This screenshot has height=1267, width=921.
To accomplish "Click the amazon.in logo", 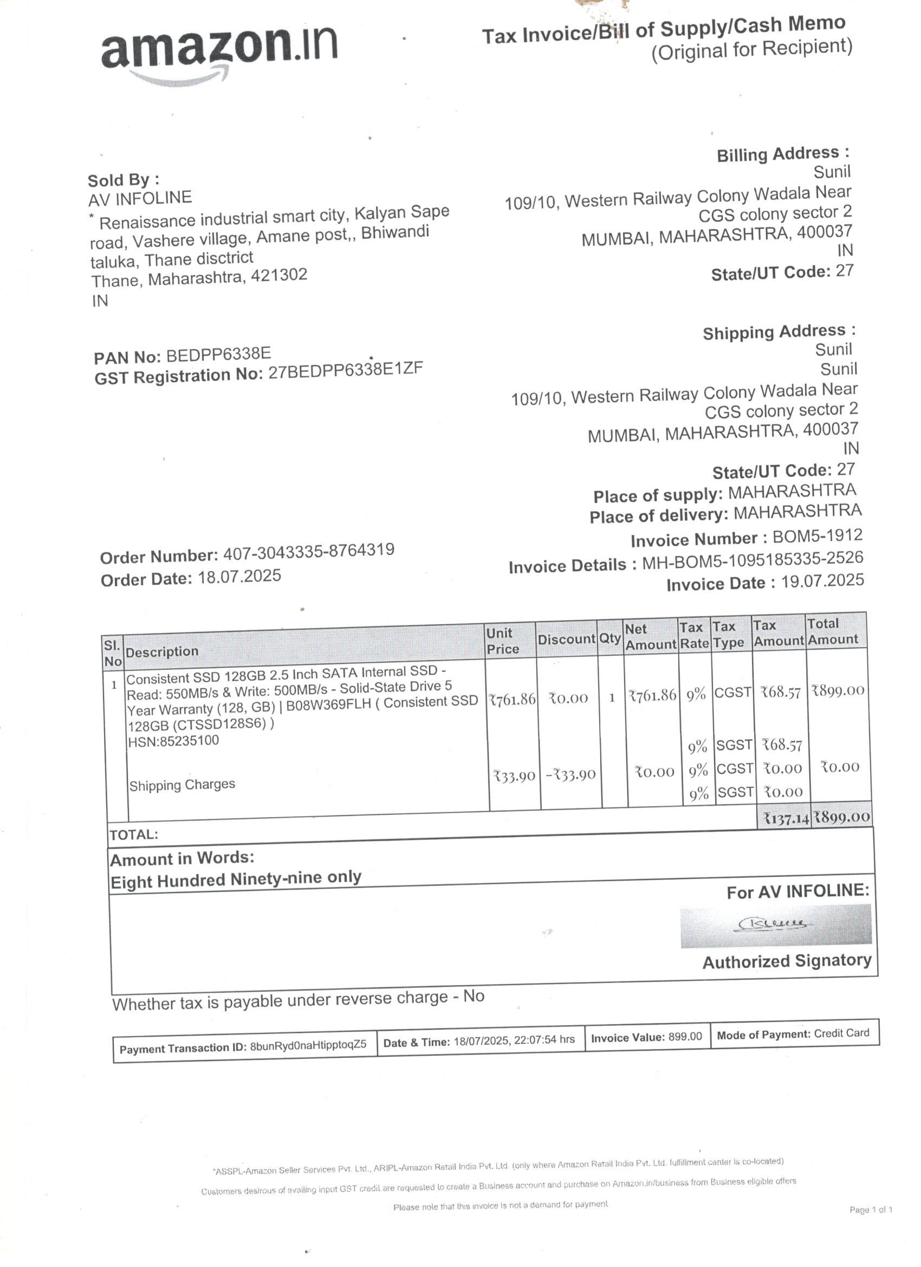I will tap(219, 51).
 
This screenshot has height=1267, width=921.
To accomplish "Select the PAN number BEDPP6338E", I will tap(218, 354).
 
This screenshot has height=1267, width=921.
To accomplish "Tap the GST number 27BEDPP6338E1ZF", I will tap(345, 370).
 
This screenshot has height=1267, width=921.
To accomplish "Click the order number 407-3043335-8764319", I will tap(308, 551).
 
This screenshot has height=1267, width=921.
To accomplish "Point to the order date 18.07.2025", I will tap(239, 577).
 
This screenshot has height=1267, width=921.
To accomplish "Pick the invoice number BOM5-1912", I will tap(817, 536).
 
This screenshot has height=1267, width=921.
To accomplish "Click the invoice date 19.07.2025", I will tap(822, 581).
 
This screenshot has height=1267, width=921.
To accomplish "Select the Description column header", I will tap(162, 651).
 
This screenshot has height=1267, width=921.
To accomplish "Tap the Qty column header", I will tap(610, 638).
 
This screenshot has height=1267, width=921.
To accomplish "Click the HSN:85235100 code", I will tap(173, 741).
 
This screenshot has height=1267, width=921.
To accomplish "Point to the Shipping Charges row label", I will tap(182, 785).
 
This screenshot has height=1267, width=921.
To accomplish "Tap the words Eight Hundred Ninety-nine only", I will tap(236, 880).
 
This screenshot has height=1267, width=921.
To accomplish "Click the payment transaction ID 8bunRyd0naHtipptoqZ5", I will tap(308, 1045).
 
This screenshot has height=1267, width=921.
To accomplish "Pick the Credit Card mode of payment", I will tap(841, 1033).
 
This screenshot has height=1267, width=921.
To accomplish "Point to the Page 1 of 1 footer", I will tap(870, 1210).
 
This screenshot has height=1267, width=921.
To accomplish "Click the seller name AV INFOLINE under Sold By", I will tap(140, 198).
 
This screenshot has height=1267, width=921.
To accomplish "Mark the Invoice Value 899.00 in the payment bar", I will tap(685, 1037).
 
